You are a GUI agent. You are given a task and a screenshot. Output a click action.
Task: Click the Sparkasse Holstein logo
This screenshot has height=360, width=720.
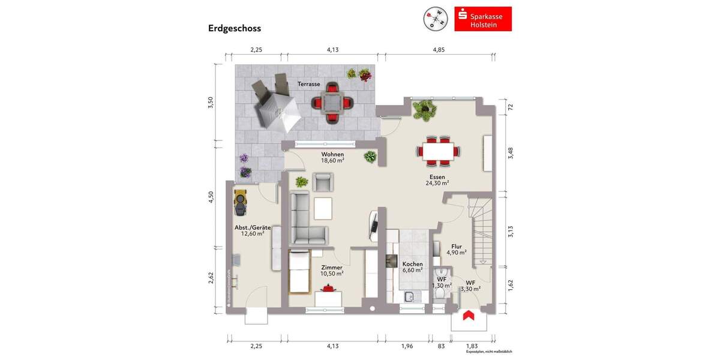pos(483,19)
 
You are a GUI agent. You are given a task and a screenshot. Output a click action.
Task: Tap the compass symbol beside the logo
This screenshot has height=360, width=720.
pos(436,19)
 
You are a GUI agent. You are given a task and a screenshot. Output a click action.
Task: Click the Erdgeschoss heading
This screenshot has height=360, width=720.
pos(235,28)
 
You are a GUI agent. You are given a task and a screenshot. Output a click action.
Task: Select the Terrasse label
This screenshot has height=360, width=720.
pos(309,85)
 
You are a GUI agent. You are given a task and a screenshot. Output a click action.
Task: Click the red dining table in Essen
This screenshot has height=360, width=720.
pos(437,150)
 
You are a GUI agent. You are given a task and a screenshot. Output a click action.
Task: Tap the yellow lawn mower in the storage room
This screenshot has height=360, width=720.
pos(241,202)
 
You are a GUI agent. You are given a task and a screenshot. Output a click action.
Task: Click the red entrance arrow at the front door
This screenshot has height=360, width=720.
pos(469,315)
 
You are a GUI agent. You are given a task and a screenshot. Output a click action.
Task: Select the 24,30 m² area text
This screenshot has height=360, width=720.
pos(437,184)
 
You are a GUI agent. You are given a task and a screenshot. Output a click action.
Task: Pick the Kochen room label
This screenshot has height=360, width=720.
pos(412,264)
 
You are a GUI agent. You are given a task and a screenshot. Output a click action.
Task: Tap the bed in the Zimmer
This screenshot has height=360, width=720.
pos(299,273)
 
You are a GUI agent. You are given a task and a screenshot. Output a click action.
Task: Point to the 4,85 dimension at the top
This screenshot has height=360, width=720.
pos(439,50)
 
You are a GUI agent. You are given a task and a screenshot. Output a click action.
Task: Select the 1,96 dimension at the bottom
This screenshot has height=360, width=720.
pos(407,346)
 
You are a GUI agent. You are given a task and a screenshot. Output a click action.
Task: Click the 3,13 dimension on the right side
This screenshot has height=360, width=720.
pos(511,231)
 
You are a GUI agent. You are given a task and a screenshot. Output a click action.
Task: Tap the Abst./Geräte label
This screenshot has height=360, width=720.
pos(253,228)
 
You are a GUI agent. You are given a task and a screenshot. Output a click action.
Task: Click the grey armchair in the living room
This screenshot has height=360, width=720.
pos(322,182)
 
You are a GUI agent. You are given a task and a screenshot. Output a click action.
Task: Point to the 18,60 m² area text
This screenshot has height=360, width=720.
pos(332,161)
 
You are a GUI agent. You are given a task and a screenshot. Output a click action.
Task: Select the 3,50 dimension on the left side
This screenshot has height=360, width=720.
pos(210,102)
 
